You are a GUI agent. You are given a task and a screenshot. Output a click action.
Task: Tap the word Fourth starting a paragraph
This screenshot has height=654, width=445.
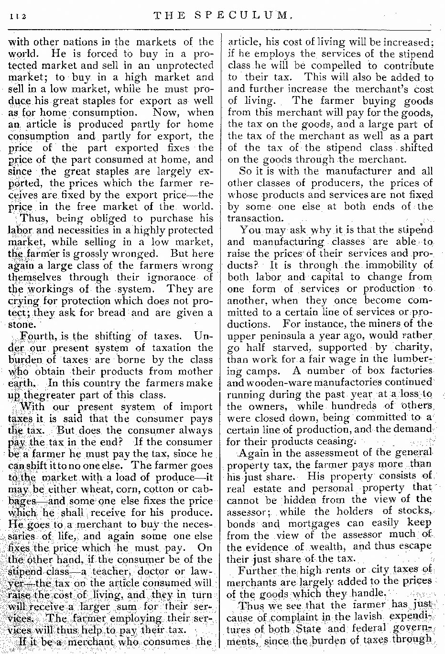coord(38,336)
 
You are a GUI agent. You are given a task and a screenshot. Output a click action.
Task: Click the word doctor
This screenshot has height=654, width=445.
coord(153,571)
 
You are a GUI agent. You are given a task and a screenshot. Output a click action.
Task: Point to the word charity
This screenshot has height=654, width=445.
coord(409,347)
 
